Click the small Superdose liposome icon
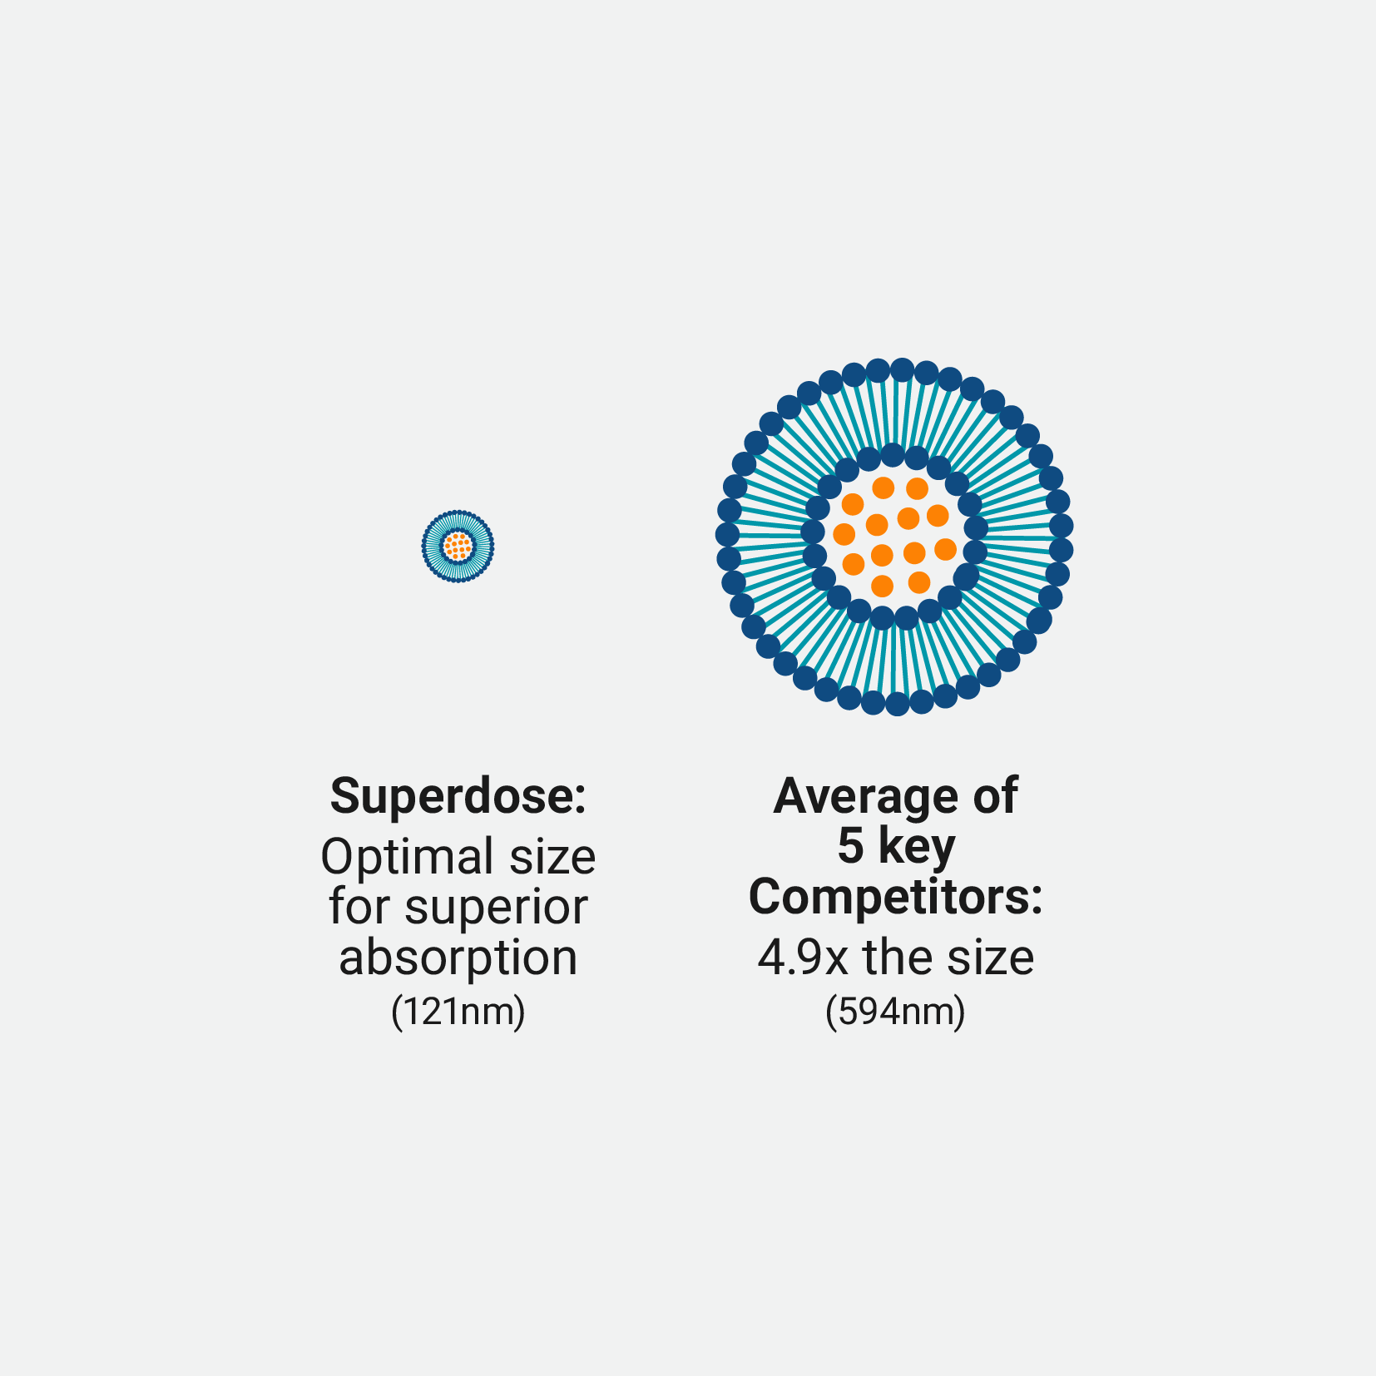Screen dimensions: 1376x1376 (x=458, y=546)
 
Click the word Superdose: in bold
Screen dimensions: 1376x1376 (x=458, y=796)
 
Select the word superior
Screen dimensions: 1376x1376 (x=496, y=908)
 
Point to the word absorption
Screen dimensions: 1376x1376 (x=458, y=958)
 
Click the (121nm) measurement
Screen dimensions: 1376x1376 (x=458, y=1012)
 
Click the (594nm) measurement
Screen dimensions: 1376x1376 (x=896, y=1012)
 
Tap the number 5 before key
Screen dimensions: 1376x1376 (x=850, y=846)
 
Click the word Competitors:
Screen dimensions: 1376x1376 (x=896, y=897)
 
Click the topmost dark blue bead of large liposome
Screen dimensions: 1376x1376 (x=902, y=370)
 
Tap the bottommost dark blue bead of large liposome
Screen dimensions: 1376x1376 (x=897, y=704)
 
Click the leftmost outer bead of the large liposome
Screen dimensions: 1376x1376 (x=727, y=534)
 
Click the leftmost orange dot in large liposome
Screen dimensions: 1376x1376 (x=844, y=534)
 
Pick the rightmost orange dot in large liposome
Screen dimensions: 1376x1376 (x=945, y=549)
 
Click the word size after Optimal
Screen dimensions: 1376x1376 (x=552, y=858)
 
